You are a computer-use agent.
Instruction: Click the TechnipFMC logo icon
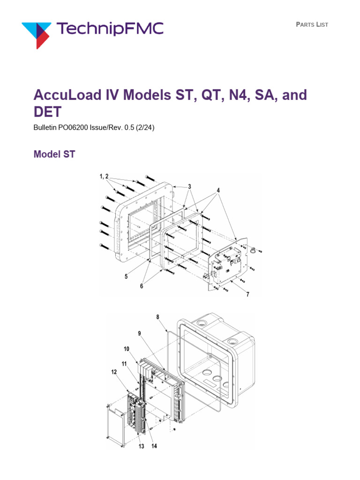[37, 32]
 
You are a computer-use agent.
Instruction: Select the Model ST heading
[54, 154]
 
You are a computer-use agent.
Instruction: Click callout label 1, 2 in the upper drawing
[104, 176]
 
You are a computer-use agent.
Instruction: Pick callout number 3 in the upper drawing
[189, 186]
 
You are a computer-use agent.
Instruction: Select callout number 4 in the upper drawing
[217, 191]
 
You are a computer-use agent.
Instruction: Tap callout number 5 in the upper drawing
[126, 277]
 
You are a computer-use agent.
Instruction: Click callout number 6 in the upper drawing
[142, 286]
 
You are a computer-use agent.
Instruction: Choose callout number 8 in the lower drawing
[158, 317]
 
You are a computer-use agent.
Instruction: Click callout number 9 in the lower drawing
[139, 334]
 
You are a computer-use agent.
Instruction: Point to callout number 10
[127, 349]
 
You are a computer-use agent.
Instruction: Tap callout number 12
[114, 373]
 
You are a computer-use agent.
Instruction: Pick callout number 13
[140, 446]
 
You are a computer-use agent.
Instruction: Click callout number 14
[154, 446]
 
